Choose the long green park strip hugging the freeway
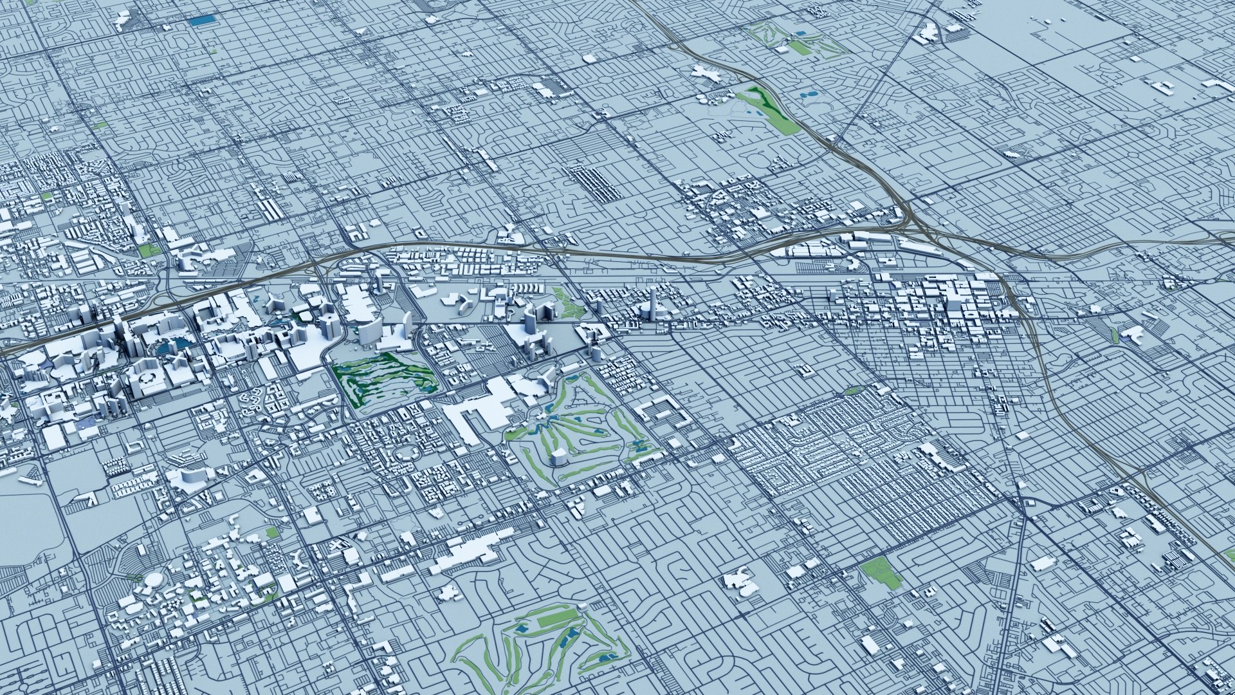click(769, 109)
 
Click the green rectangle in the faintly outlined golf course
click(799, 47)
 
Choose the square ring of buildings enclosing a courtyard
click(662, 412)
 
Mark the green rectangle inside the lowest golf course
click(556, 620)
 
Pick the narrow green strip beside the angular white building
click(1115, 334)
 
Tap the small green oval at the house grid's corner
click(853, 390)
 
